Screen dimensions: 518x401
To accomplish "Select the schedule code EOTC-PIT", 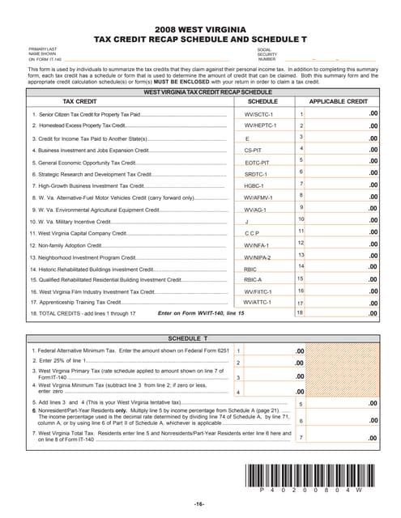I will (257, 163).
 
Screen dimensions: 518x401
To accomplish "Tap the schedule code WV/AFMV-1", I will (260, 197).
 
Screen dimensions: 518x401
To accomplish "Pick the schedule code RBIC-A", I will (254, 279).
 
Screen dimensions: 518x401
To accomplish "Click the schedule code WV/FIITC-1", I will (260, 291).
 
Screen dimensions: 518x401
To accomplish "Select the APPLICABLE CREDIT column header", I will (339, 103).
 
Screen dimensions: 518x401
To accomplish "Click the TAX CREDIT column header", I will (80, 103).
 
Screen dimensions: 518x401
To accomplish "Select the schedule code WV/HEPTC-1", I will (260, 127).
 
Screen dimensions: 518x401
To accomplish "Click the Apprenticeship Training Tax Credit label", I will (79, 302).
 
